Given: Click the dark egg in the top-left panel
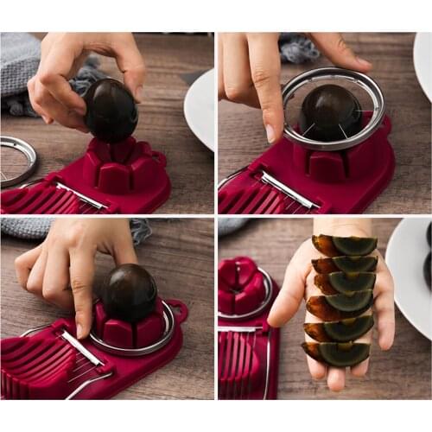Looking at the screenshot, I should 110,110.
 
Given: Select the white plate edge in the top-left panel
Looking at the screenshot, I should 201,112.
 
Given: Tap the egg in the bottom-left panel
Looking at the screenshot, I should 130,292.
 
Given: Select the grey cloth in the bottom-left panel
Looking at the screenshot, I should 26,226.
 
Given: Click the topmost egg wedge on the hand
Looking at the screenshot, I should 346,245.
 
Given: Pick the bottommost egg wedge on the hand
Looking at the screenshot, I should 337,353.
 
